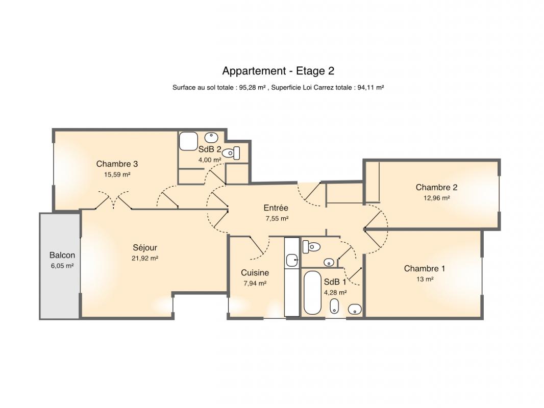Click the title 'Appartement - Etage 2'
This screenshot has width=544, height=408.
coord(278,71)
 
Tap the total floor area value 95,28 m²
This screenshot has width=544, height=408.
coord(253,88)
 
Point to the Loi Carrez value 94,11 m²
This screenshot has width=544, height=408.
coord(370,88)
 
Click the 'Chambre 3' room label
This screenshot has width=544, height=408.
coord(117,164)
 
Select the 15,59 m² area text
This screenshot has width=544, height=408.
coord(117,175)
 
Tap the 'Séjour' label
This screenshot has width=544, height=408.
coord(145,248)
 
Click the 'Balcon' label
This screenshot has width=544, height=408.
coord(62,255)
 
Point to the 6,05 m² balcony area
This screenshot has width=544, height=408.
coord(62,266)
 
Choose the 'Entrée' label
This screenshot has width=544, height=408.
coord(276,208)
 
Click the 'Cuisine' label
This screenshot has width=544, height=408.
coord(255,273)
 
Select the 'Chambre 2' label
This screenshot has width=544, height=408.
coord(436,188)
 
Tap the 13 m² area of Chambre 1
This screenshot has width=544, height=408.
coord(425,279)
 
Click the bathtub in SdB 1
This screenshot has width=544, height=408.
coord(312,293)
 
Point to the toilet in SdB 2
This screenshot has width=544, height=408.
coord(232,153)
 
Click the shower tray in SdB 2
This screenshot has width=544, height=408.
coord(188,141)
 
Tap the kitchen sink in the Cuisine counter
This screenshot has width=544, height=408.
coord(292,260)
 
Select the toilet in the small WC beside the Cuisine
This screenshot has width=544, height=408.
coord(311,247)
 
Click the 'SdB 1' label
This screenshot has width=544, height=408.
coord(335,282)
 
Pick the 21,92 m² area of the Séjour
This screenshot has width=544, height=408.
coord(145,258)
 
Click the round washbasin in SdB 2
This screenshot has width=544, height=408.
coord(211,138)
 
